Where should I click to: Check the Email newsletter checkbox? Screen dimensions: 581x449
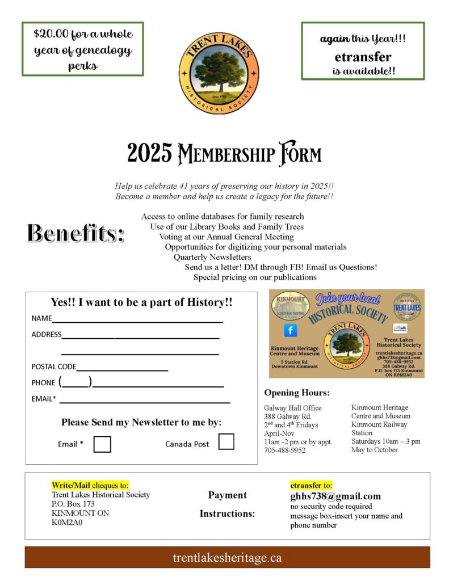[102, 444]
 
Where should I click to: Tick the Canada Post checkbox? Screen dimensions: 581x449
[226, 441]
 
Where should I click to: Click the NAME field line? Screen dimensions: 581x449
[137, 319]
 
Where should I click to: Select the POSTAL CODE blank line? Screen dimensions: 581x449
[122, 368]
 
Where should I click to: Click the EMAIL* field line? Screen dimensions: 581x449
[145, 400]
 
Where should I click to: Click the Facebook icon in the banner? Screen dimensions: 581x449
[290, 330]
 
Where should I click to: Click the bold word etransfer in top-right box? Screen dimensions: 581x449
[363, 57]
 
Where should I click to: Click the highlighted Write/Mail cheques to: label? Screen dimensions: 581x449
[90, 485]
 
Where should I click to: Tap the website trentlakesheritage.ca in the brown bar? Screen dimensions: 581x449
[227, 558]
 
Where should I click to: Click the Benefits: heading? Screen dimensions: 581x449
[75, 233]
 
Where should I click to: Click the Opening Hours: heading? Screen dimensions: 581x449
[297, 393]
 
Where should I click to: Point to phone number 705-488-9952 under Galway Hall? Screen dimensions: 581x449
[285, 450]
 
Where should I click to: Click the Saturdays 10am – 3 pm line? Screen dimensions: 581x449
[385, 441]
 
